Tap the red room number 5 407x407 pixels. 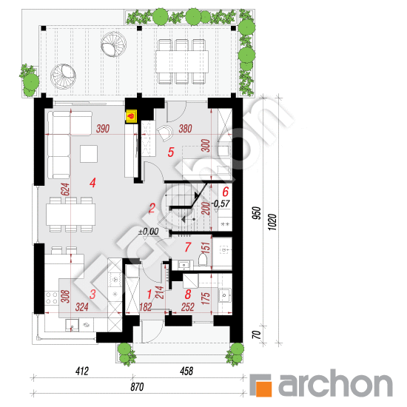[171, 152]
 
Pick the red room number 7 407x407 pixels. [187, 246]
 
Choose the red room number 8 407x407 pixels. [187, 294]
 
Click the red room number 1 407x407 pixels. [151, 294]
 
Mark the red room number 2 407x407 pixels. [151, 209]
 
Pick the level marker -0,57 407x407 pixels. [220, 201]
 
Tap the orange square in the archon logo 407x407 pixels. [262, 384]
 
